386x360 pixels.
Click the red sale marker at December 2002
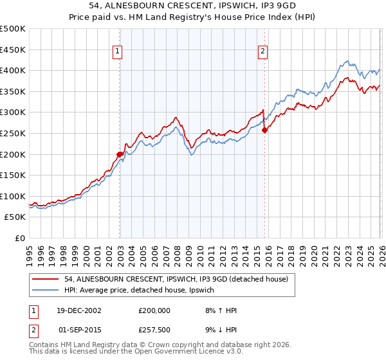point(120,154)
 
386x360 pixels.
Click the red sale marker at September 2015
point(264,130)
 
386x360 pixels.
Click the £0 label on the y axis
point(20,239)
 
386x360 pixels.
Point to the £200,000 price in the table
point(154,310)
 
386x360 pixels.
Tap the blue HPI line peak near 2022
point(347,62)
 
